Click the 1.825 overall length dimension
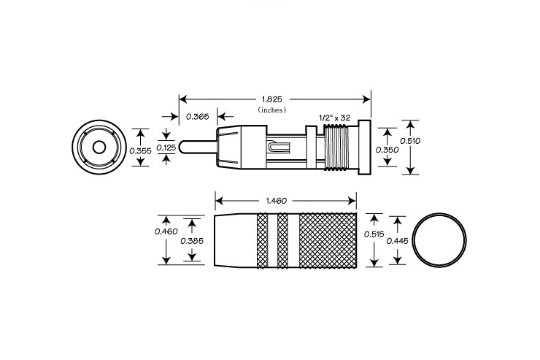coord(272,99)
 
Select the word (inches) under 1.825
coord(272,110)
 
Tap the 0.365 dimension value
coord(197,116)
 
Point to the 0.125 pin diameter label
coord(166,148)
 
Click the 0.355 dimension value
coord(140,151)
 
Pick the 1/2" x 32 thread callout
coord(335,118)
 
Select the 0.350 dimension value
coord(387,150)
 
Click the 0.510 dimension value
coord(410,140)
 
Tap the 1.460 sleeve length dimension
coord(277,201)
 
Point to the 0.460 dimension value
coord(166,231)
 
